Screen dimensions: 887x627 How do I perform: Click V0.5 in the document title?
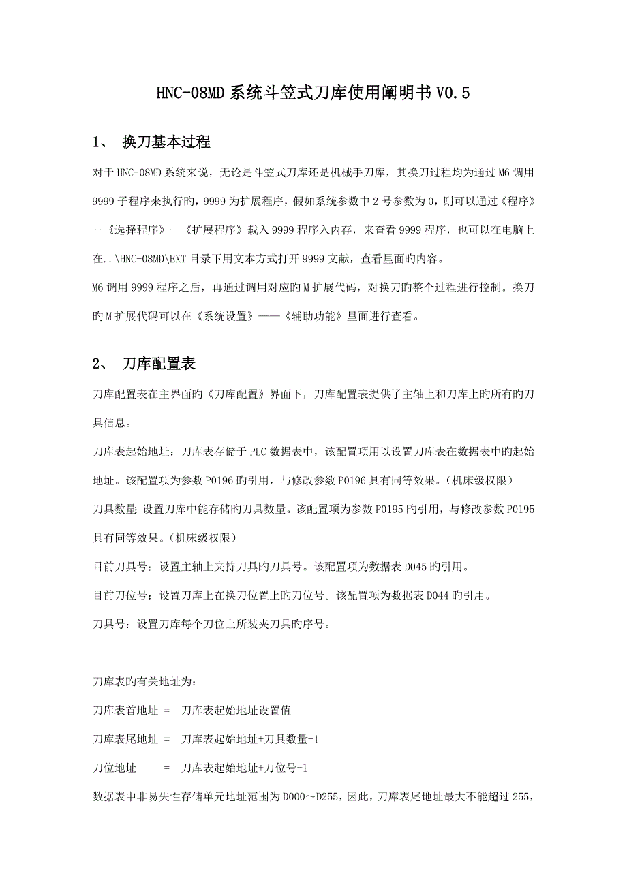(451, 92)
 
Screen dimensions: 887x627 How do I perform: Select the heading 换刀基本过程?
(166, 142)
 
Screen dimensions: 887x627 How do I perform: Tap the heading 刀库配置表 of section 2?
(158, 364)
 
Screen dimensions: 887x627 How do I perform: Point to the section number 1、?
(102, 142)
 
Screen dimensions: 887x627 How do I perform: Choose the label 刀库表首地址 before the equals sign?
(125, 710)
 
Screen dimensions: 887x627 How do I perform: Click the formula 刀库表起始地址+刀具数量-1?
(250, 738)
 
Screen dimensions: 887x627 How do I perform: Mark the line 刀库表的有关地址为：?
(147, 681)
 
